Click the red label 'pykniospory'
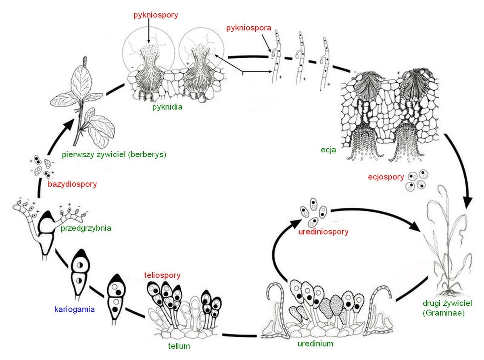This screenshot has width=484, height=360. coord(156,16)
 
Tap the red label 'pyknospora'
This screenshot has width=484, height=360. coord(248,29)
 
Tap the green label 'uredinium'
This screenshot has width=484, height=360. coord(315,344)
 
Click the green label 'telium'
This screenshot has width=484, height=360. coord(179,346)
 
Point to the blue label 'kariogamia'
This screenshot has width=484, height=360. coord(74,310)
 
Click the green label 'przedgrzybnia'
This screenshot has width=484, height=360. coord(86,228)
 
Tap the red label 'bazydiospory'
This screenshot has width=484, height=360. coord(72,184)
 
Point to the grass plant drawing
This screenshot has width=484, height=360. coord(448,250)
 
